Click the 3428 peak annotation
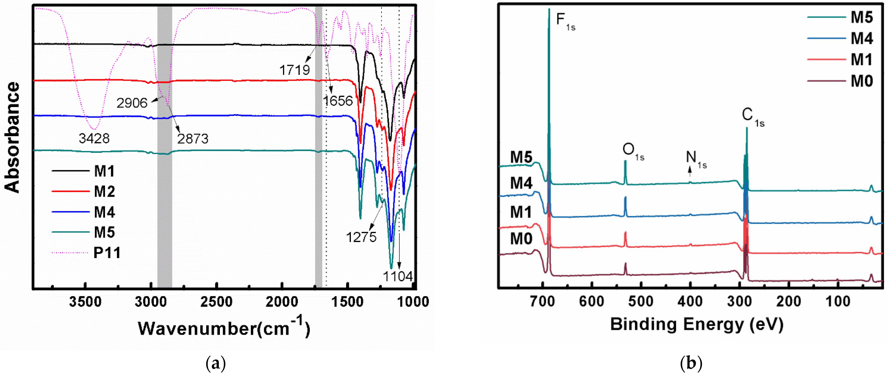point(94,139)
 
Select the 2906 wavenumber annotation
point(131,103)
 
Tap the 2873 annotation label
point(193,139)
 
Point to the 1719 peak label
point(294,70)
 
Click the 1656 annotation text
point(338,101)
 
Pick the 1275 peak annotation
point(361,237)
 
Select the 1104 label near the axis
point(398,276)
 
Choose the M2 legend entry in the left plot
point(104,191)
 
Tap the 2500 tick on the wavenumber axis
point(216,302)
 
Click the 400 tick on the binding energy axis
point(690,302)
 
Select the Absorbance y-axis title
point(12,138)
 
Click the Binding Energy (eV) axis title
point(696,325)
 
